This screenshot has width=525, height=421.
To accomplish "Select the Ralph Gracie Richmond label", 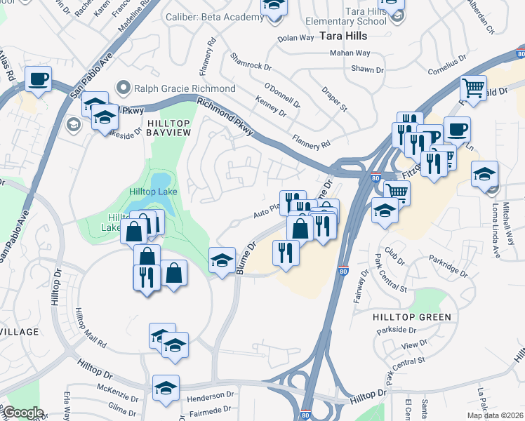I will pyautogui.click(x=185, y=88).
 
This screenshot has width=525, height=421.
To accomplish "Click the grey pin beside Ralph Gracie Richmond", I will pyautogui.click(x=124, y=88).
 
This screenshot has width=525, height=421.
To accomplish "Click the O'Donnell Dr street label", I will pyautogui.click(x=282, y=95).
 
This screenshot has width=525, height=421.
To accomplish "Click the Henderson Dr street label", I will pyautogui.click(x=210, y=397).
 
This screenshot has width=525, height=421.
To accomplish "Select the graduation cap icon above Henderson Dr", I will pyautogui.click(x=166, y=388).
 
